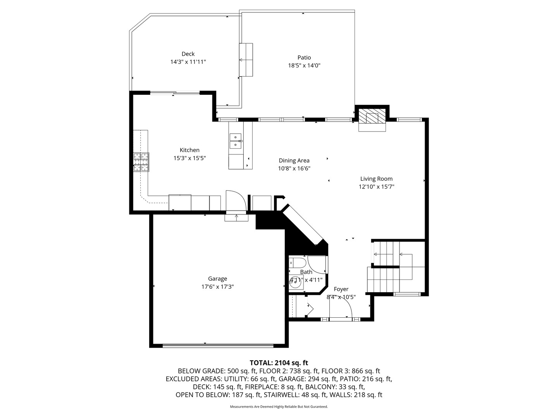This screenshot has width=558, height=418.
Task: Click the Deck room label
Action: pyautogui.click(x=188, y=54)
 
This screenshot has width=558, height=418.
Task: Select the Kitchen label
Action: pyautogui.click(x=189, y=150)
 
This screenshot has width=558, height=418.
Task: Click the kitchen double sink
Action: pyautogui.click(x=235, y=141)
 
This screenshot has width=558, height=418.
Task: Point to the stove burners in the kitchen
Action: pyautogui.click(x=141, y=162)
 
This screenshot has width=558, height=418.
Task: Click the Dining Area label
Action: pyautogui.click(x=294, y=160)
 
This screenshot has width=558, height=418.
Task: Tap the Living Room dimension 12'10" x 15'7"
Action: pyautogui.click(x=376, y=187)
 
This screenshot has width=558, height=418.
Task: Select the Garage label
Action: pyautogui.click(x=217, y=279)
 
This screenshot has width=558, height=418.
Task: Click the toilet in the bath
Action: pyautogui.click(x=297, y=263)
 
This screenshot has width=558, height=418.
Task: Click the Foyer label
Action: pyautogui.click(x=341, y=289)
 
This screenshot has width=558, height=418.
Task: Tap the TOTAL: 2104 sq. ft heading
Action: pyautogui.click(x=279, y=363)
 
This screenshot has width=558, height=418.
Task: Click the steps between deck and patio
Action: pyautogui.click(x=246, y=60)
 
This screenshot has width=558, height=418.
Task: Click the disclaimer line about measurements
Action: pyautogui.click(x=279, y=407)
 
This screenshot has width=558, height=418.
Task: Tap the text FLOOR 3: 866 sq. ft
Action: pyautogui.click(x=351, y=371)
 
